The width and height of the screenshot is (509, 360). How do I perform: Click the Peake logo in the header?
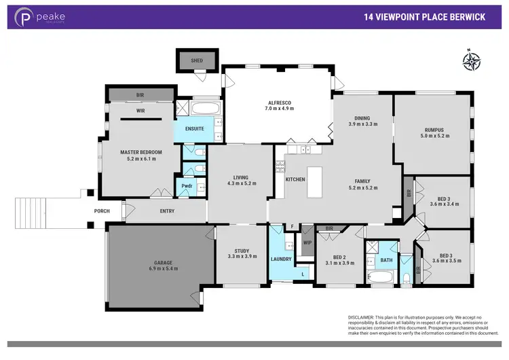[x=41, y=17]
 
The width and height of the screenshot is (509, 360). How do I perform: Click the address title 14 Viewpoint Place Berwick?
[x=424, y=17]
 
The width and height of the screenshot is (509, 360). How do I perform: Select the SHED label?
[x=197, y=60]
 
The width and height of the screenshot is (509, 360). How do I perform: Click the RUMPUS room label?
[x=434, y=132]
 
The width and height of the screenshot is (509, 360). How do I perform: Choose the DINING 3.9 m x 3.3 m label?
[x=362, y=120]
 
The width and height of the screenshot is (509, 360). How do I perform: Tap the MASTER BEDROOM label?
[x=138, y=156]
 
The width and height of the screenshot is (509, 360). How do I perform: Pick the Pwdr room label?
[x=185, y=186]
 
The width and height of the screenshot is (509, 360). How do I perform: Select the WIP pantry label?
[x=307, y=242]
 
